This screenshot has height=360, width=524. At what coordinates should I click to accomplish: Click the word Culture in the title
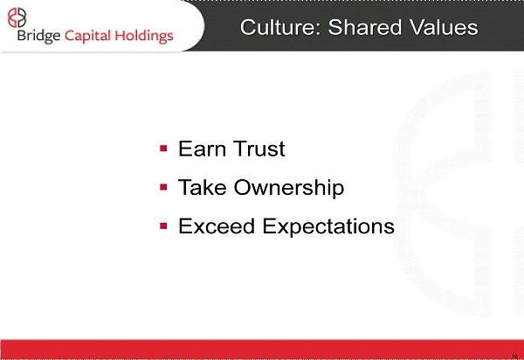[x=280, y=27]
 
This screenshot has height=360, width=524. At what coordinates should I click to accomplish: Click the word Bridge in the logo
[x=38, y=36]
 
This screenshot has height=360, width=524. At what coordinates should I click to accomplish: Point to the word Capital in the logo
[x=87, y=36]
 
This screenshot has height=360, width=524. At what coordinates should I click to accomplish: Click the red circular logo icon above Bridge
[x=17, y=17]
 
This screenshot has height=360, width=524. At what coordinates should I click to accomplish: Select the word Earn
[x=202, y=149]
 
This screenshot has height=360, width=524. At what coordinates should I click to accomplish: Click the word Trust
[x=259, y=149]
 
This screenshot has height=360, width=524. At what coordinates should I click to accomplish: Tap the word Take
[x=203, y=187]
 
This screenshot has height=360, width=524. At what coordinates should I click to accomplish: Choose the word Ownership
[x=289, y=188]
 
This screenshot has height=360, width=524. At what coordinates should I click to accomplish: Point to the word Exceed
[x=217, y=226]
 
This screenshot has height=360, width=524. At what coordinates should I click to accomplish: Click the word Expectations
[x=328, y=227]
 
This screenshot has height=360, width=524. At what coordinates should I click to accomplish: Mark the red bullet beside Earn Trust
[x=163, y=148]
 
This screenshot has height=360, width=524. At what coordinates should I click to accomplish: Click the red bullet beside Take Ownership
[x=163, y=187]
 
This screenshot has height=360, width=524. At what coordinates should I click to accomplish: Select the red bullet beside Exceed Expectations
[x=163, y=226]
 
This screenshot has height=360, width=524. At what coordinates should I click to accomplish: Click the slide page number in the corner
[x=514, y=357]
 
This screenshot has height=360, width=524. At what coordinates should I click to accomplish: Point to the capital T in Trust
[x=239, y=149]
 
